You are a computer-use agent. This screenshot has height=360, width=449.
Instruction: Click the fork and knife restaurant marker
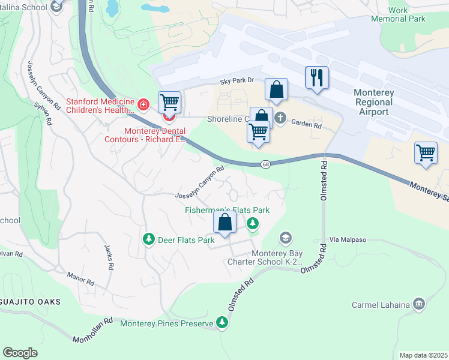316,77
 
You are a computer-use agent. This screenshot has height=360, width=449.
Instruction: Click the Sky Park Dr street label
237,80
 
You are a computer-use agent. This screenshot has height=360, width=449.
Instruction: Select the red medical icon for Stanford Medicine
143,106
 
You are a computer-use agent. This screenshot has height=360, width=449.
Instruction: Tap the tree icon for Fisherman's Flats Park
253,224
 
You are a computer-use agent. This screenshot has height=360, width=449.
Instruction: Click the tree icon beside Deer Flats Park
148,240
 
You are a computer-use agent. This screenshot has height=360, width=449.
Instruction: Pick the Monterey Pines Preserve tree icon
223,323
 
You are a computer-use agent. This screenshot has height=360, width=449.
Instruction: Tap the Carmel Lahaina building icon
419,304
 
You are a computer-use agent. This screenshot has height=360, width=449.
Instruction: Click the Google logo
20,353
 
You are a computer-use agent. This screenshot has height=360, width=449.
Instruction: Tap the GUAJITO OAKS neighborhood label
30,302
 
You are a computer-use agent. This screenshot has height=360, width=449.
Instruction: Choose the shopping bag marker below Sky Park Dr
276,89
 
